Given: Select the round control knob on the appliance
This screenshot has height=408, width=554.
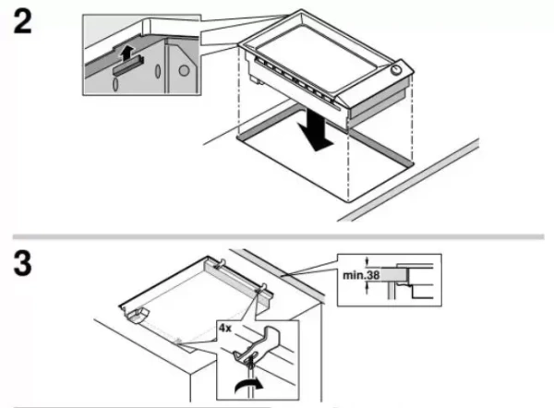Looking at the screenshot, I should click(x=396, y=70).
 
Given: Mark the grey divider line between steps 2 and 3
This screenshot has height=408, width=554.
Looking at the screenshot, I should click(x=277, y=236).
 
